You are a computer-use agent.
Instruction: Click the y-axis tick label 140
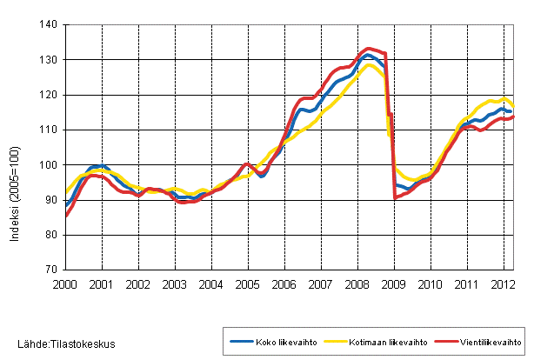point(49,25)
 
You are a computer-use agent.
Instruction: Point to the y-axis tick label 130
point(49,60)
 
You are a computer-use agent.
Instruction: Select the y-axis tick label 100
point(49,165)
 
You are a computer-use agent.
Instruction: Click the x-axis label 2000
point(66,284)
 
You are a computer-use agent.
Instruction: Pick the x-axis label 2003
point(175,284)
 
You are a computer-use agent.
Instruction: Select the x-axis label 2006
point(284,284)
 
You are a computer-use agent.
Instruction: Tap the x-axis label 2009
point(393,284)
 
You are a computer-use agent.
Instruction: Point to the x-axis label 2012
point(502,284)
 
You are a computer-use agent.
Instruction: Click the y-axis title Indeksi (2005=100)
point(17,148)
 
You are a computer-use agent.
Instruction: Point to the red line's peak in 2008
point(369,49)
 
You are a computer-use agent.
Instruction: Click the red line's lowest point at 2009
point(394,198)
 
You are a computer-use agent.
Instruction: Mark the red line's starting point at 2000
point(66,216)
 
